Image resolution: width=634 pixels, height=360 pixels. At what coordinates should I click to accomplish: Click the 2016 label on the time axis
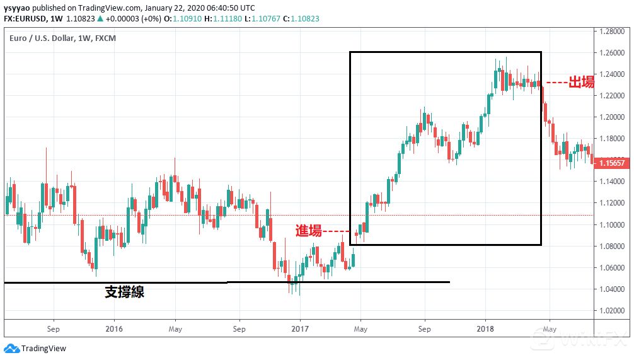pos(114,328)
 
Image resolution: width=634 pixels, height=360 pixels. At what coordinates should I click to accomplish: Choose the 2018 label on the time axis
pos(485,328)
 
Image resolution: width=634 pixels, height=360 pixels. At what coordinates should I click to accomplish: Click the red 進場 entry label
pos(309,231)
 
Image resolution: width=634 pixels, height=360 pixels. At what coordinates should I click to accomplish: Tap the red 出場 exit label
pos(581,83)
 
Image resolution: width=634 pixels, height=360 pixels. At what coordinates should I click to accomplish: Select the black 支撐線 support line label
pos(124,292)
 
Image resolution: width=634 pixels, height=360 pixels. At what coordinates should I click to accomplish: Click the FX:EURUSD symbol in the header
pos(29,19)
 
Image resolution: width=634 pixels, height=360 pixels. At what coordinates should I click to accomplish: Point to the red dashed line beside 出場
pos(555,83)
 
